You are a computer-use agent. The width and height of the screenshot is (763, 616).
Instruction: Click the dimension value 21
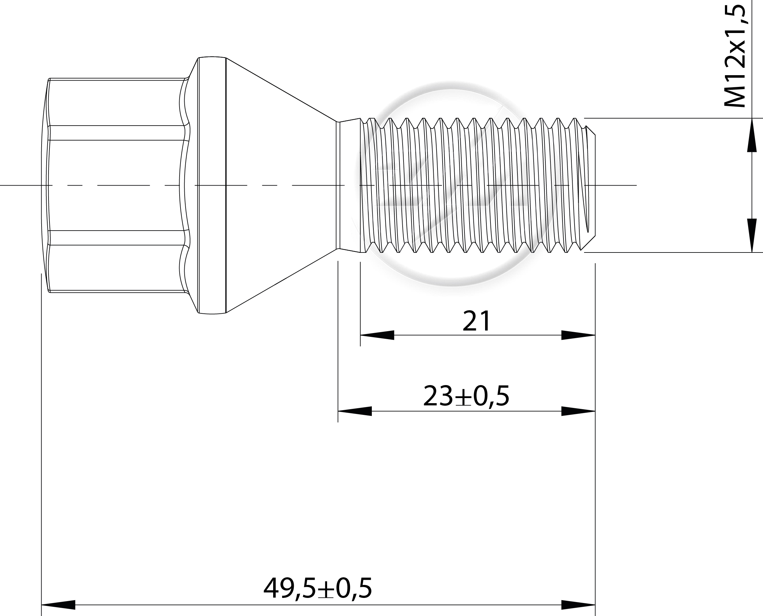click(477, 321)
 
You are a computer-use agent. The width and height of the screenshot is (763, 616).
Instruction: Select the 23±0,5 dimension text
click(466, 396)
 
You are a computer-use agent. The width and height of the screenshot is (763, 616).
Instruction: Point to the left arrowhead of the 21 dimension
click(377, 335)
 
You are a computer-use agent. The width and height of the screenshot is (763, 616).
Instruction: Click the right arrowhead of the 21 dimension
click(578, 335)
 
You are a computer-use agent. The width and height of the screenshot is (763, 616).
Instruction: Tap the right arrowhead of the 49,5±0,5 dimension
click(578, 605)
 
